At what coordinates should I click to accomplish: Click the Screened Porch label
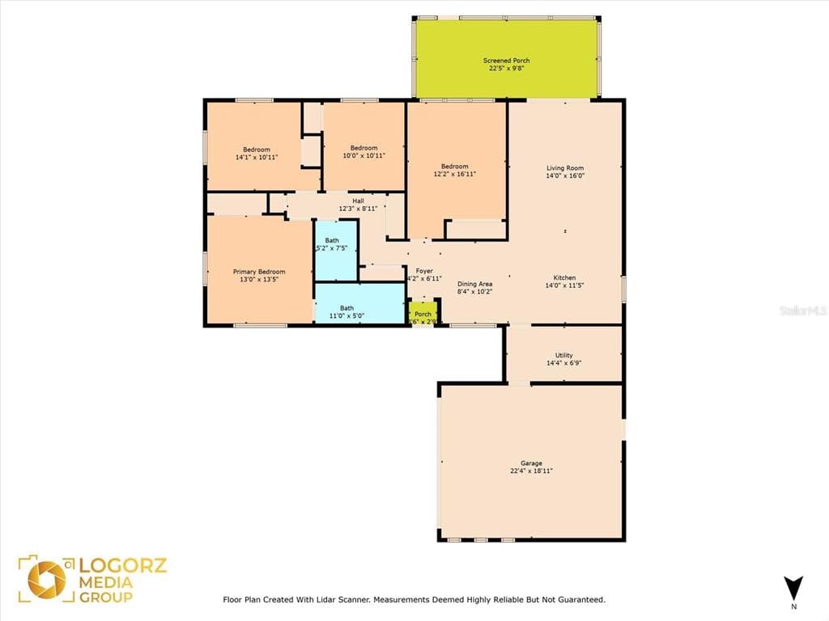506,61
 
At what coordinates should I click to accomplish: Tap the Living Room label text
564,167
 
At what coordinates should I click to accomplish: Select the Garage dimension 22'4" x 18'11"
531,471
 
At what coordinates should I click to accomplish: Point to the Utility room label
563,355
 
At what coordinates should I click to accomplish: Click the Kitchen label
564,277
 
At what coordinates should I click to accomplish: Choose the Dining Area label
474,284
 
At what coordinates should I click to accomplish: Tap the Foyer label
424,271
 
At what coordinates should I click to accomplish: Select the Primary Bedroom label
259,272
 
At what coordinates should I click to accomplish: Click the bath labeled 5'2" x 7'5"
333,244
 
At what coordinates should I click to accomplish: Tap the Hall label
358,201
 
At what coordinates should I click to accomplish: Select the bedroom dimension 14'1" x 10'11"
257,157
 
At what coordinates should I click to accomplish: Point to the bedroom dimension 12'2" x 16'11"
454,174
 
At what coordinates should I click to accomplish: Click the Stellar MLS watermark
803,310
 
